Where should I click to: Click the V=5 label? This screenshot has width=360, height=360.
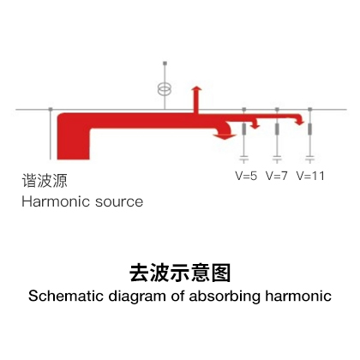[x=246, y=176]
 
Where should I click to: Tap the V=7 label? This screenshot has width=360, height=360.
[x=277, y=176]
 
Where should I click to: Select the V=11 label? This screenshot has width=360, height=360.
[x=310, y=176]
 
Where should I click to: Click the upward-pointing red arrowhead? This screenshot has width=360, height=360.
[x=196, y=88]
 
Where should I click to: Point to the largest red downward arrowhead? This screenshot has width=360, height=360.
[x=225, y=136]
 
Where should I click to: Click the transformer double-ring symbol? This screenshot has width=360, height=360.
[x=165, y=89]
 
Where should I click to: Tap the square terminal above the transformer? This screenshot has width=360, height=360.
[x=165, y=63]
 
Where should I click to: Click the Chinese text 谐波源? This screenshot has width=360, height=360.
[x=45, y=181]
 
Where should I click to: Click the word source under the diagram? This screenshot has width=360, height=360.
[x=119, y=202]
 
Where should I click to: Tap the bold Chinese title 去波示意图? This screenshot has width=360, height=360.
[x=180, y=273]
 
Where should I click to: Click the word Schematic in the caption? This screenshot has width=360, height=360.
[x=66, y=296]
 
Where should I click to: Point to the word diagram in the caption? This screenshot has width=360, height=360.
[x=137, y=297]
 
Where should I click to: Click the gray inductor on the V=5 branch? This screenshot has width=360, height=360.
[x=244, y=129]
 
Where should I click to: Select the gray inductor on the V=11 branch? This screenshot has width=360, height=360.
[x=310, y=129]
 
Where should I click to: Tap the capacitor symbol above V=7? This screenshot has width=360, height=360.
[x=277, y=158]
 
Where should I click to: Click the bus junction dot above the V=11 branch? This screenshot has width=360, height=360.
[x=310, y=110]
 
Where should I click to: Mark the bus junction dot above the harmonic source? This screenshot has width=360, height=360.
[x=51, y=110]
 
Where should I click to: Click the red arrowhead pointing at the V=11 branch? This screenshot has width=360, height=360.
[x=300, y=123]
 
